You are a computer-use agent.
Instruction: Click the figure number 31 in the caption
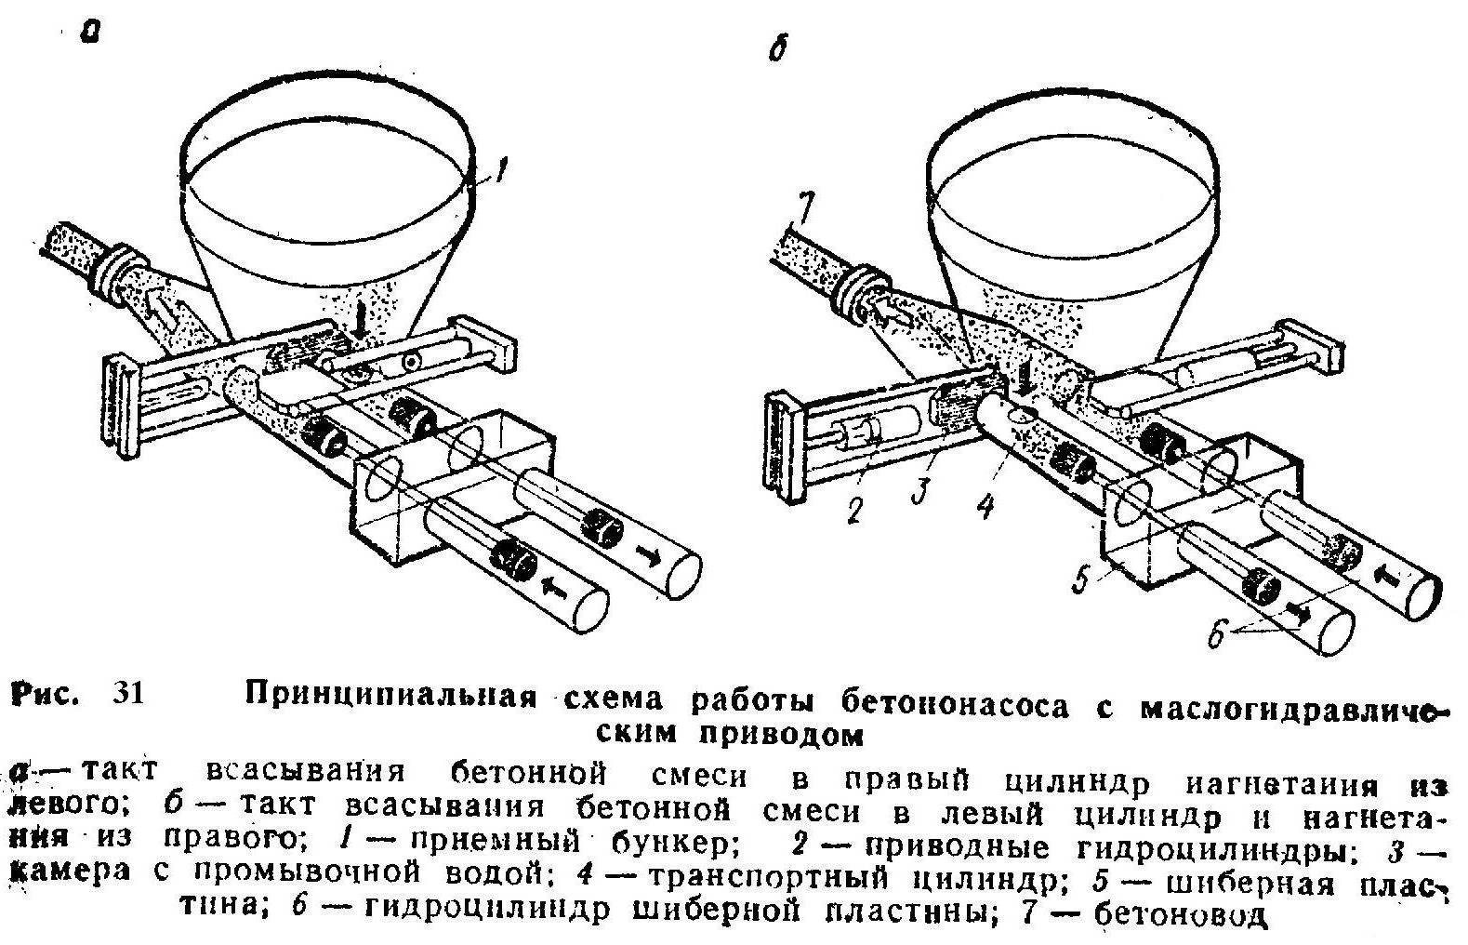(x=128, y=694)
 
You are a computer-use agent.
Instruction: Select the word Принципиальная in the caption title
(x=391, y=695)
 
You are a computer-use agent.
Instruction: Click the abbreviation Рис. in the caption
(x=44, y=695)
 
